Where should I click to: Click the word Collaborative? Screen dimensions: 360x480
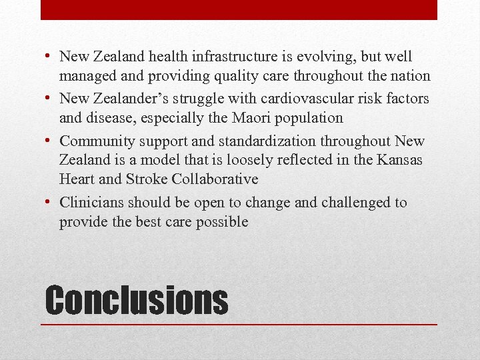(215, 179)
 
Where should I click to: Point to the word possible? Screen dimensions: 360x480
(222, 222)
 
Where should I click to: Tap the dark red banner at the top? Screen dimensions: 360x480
(239, 9)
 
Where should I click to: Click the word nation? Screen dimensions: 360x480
(411, 77)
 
